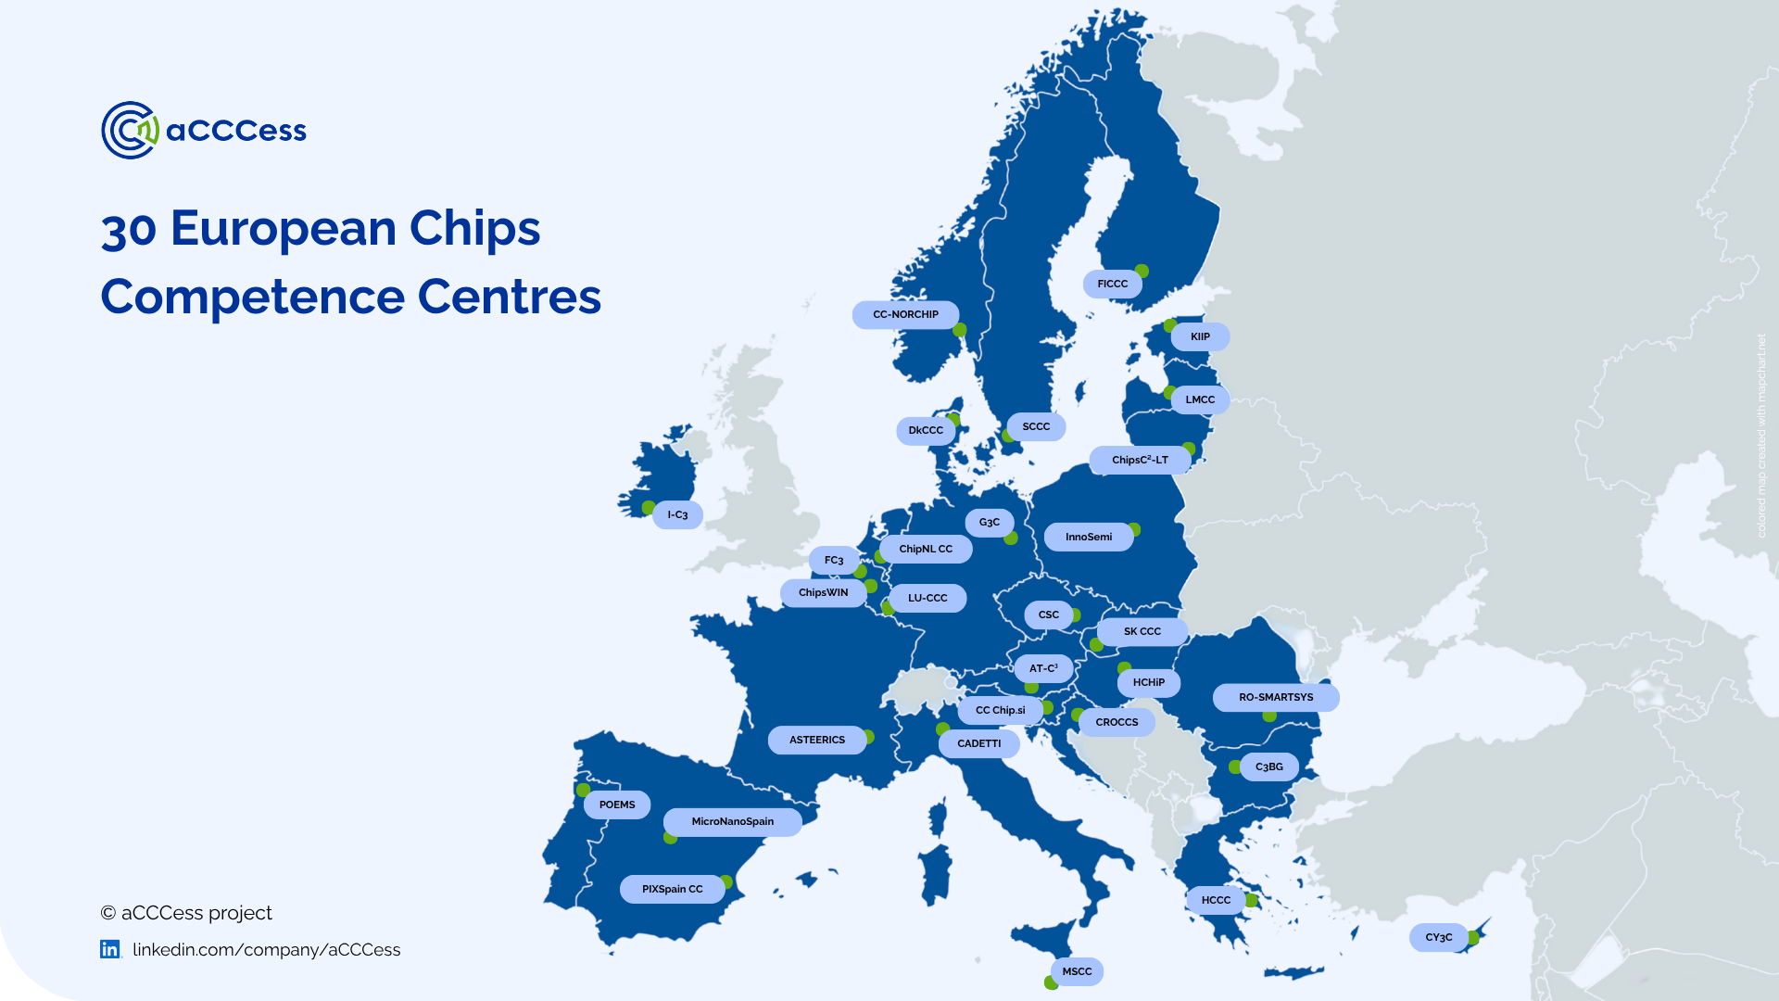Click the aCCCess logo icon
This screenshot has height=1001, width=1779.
point(130,130)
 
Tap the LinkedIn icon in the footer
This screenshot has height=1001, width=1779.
point(110,949)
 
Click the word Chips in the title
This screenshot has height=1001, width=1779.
point(474,228)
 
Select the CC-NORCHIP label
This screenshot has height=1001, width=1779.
point(905,315)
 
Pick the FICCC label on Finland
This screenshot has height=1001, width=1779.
point(1112,284)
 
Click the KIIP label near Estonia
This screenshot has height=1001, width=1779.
point(1200,336)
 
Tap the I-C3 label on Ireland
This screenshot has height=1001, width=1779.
point(677,515)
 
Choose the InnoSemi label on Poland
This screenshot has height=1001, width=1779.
point(1088,537)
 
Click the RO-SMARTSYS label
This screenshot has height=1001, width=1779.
point(1275,697)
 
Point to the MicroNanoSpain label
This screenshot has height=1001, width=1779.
point(732,821)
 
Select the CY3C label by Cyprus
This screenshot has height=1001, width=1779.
point(1438,937)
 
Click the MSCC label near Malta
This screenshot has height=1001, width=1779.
point(1077,971)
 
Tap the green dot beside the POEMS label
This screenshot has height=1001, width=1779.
point(583,791)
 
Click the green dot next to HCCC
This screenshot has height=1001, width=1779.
point(1252,900)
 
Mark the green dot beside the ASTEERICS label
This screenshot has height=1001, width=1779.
point(868,738)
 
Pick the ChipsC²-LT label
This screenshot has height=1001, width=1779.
point(1140,460)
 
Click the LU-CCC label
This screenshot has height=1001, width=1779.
point(927,598)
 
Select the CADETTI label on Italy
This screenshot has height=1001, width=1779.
point(978,743)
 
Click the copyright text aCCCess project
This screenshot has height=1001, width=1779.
point(186,913)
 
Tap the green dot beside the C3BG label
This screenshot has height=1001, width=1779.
point(1235,767)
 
